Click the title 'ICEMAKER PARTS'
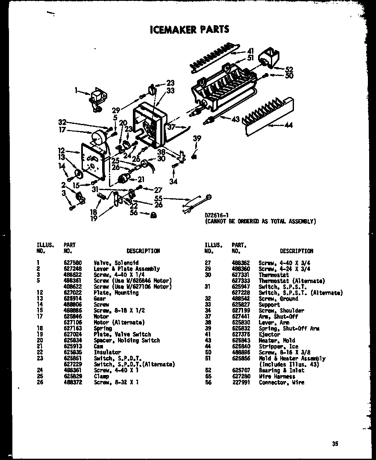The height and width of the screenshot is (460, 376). pos(189,29)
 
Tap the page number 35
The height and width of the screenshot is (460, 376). pos(334,444)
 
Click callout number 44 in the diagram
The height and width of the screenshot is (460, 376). pos(288,125)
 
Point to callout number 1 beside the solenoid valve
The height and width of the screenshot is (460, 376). pos(76,91)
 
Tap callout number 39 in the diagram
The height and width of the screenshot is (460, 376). pos(197,138)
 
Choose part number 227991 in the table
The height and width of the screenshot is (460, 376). pos(239,382)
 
